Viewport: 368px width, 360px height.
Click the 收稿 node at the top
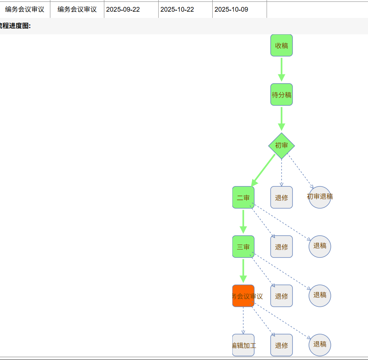(281, 45)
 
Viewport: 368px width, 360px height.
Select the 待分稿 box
(281, 94)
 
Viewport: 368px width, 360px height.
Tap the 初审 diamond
(281, 145)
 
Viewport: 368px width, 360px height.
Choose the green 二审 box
(243, 197)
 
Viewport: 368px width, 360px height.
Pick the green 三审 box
(243, 247)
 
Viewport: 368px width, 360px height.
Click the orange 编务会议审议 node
(243, 296)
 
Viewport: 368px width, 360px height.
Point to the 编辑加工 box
(243, 345)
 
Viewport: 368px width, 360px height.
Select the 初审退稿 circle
(319, 197)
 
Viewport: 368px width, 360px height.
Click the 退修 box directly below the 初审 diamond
(281, 197)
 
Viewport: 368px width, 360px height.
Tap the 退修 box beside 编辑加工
(281, 345)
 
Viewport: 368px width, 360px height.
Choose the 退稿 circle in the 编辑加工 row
(319, 345)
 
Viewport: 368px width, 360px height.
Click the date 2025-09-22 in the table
(123, 9)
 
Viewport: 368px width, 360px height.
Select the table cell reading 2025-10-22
(177, 9)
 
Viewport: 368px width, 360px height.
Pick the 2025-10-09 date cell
(231, 9)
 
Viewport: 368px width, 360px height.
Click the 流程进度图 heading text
(15, 26)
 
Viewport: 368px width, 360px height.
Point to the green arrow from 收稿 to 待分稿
(281, 69)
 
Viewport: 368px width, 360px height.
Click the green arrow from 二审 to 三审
(243, 221)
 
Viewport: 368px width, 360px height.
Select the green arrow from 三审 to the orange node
(243, 271)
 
